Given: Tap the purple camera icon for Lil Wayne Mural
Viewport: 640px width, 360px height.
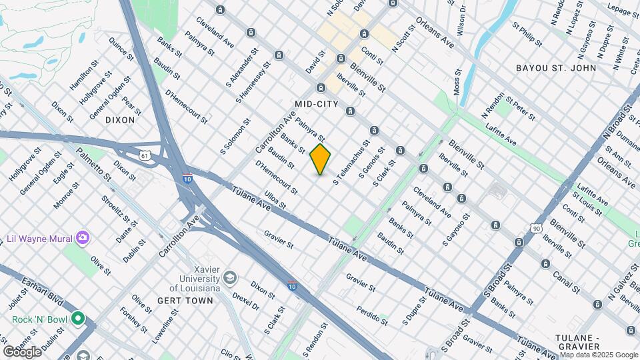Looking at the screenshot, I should point(83,237).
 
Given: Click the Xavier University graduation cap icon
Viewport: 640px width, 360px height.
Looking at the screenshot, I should point(229,277).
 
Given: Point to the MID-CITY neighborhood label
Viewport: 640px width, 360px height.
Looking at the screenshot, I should point(317,105).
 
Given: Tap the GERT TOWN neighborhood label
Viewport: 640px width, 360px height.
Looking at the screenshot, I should point(185,301).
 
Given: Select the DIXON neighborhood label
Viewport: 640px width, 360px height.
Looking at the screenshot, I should point(120,121).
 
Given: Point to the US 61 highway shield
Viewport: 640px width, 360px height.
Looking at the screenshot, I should point(145,155).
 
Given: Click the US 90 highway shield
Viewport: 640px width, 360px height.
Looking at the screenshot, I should point(537,228).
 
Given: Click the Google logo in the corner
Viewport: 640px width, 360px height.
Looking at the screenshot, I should point(22,351).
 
